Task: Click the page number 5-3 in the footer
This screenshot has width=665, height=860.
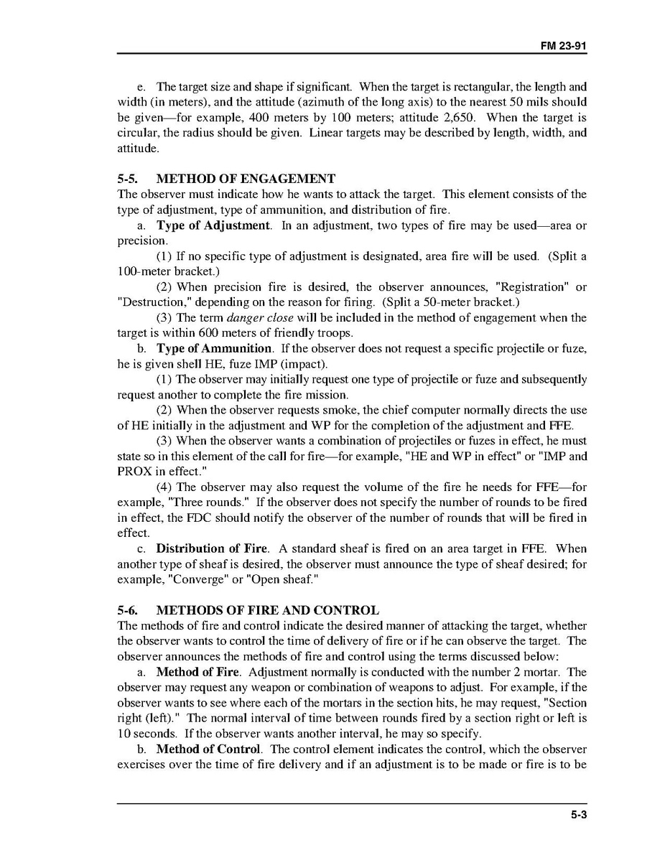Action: click(580, 815)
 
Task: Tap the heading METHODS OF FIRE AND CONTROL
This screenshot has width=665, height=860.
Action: click(267, 611)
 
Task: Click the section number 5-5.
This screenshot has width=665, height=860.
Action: click(128, 179)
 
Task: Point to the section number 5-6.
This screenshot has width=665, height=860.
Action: click(128, 611)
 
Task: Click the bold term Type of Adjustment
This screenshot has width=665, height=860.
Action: click(213, 225)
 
